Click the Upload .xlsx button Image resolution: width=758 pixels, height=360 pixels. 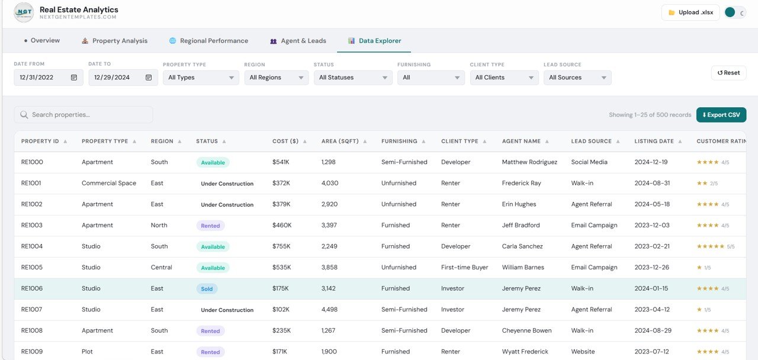click(691, 12)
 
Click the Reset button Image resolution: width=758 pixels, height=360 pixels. click(728, 73)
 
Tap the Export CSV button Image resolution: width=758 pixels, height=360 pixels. click(721, 115)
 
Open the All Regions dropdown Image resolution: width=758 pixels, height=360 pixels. click(277, 78)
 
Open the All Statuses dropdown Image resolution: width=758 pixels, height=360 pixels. click(353, 78)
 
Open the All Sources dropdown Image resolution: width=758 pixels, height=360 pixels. click(577, 78)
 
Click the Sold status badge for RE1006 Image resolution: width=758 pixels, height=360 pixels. click(207, 289)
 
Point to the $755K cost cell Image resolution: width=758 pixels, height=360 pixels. click(282, 246)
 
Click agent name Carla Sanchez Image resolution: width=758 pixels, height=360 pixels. click(522, 246)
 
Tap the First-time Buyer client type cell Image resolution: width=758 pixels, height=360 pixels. click(465, 268)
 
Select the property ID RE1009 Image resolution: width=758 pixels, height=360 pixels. click(32, 352)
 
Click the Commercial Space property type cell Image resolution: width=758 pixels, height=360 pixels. click(109, 184)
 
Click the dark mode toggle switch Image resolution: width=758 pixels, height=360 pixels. click(735, 12)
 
